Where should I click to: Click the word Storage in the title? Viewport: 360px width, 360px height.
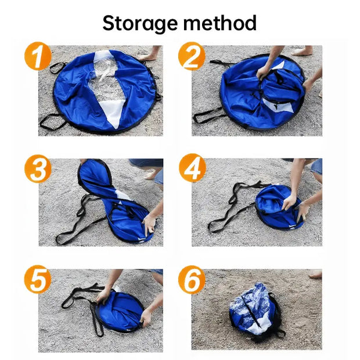139,23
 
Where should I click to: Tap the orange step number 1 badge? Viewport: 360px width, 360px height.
38,58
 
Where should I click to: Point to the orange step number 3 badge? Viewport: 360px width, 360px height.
38,170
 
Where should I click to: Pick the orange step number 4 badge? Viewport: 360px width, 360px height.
192,170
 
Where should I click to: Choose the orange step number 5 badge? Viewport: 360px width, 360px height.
38,281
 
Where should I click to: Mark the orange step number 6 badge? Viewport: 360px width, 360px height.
192,281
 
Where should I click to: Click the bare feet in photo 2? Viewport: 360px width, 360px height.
303,51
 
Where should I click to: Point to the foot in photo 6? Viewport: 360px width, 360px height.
315,274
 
